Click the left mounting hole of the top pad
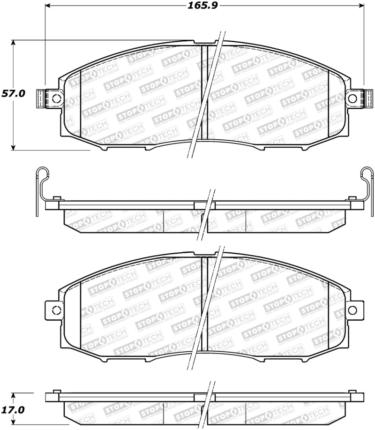tap(55, 98)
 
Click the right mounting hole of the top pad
tap(353, 98)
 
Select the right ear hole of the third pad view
tap(352, 309)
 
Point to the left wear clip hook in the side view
tap(40, 174)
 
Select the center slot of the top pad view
tap(204, 91)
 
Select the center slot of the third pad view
tap(204, 302)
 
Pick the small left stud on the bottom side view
tap(57, 392)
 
